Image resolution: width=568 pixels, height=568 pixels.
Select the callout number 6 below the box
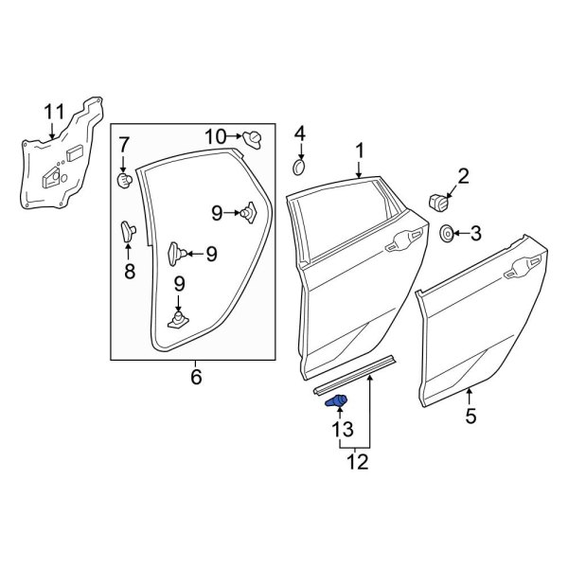point(196,377)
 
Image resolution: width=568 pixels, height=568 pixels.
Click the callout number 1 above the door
point(360,151)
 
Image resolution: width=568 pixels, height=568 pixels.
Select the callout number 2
point(463,175)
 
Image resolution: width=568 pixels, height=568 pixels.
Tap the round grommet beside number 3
point(447,233)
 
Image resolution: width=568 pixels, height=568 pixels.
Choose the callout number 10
point(216,136)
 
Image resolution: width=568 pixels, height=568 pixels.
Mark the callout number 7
point(123,145)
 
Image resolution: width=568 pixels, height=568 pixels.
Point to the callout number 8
point(130,272)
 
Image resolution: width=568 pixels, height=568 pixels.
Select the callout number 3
point(475,233)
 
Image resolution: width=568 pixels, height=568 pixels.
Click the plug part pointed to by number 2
point(438,201)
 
